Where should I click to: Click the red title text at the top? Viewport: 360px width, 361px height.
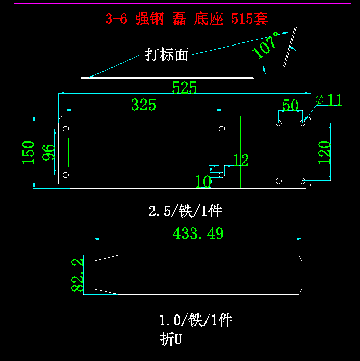point(186,19)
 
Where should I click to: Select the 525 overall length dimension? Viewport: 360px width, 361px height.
point(184,87)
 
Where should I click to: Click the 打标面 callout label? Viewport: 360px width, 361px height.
point(167,54)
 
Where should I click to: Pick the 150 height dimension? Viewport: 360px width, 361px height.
point(28,152)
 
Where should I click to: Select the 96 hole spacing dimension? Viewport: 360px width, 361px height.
point(48,152)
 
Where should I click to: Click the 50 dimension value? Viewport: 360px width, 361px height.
point(290,105)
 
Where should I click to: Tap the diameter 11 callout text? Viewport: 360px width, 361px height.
point(330,100)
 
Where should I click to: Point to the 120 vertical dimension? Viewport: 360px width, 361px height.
point(324,152)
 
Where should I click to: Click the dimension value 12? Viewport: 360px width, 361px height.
point(241,161)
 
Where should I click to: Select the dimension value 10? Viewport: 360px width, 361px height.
point(203,181)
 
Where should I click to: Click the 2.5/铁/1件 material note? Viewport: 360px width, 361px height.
point(185,211)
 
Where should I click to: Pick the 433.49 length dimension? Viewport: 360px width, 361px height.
point(198,233)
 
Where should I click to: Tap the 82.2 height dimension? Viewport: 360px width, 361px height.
point(77,275)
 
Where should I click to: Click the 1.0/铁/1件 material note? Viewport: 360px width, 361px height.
point(195,320)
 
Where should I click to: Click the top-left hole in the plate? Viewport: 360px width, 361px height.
point(66,129)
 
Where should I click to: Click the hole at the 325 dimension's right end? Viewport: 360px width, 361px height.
point(222,129)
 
